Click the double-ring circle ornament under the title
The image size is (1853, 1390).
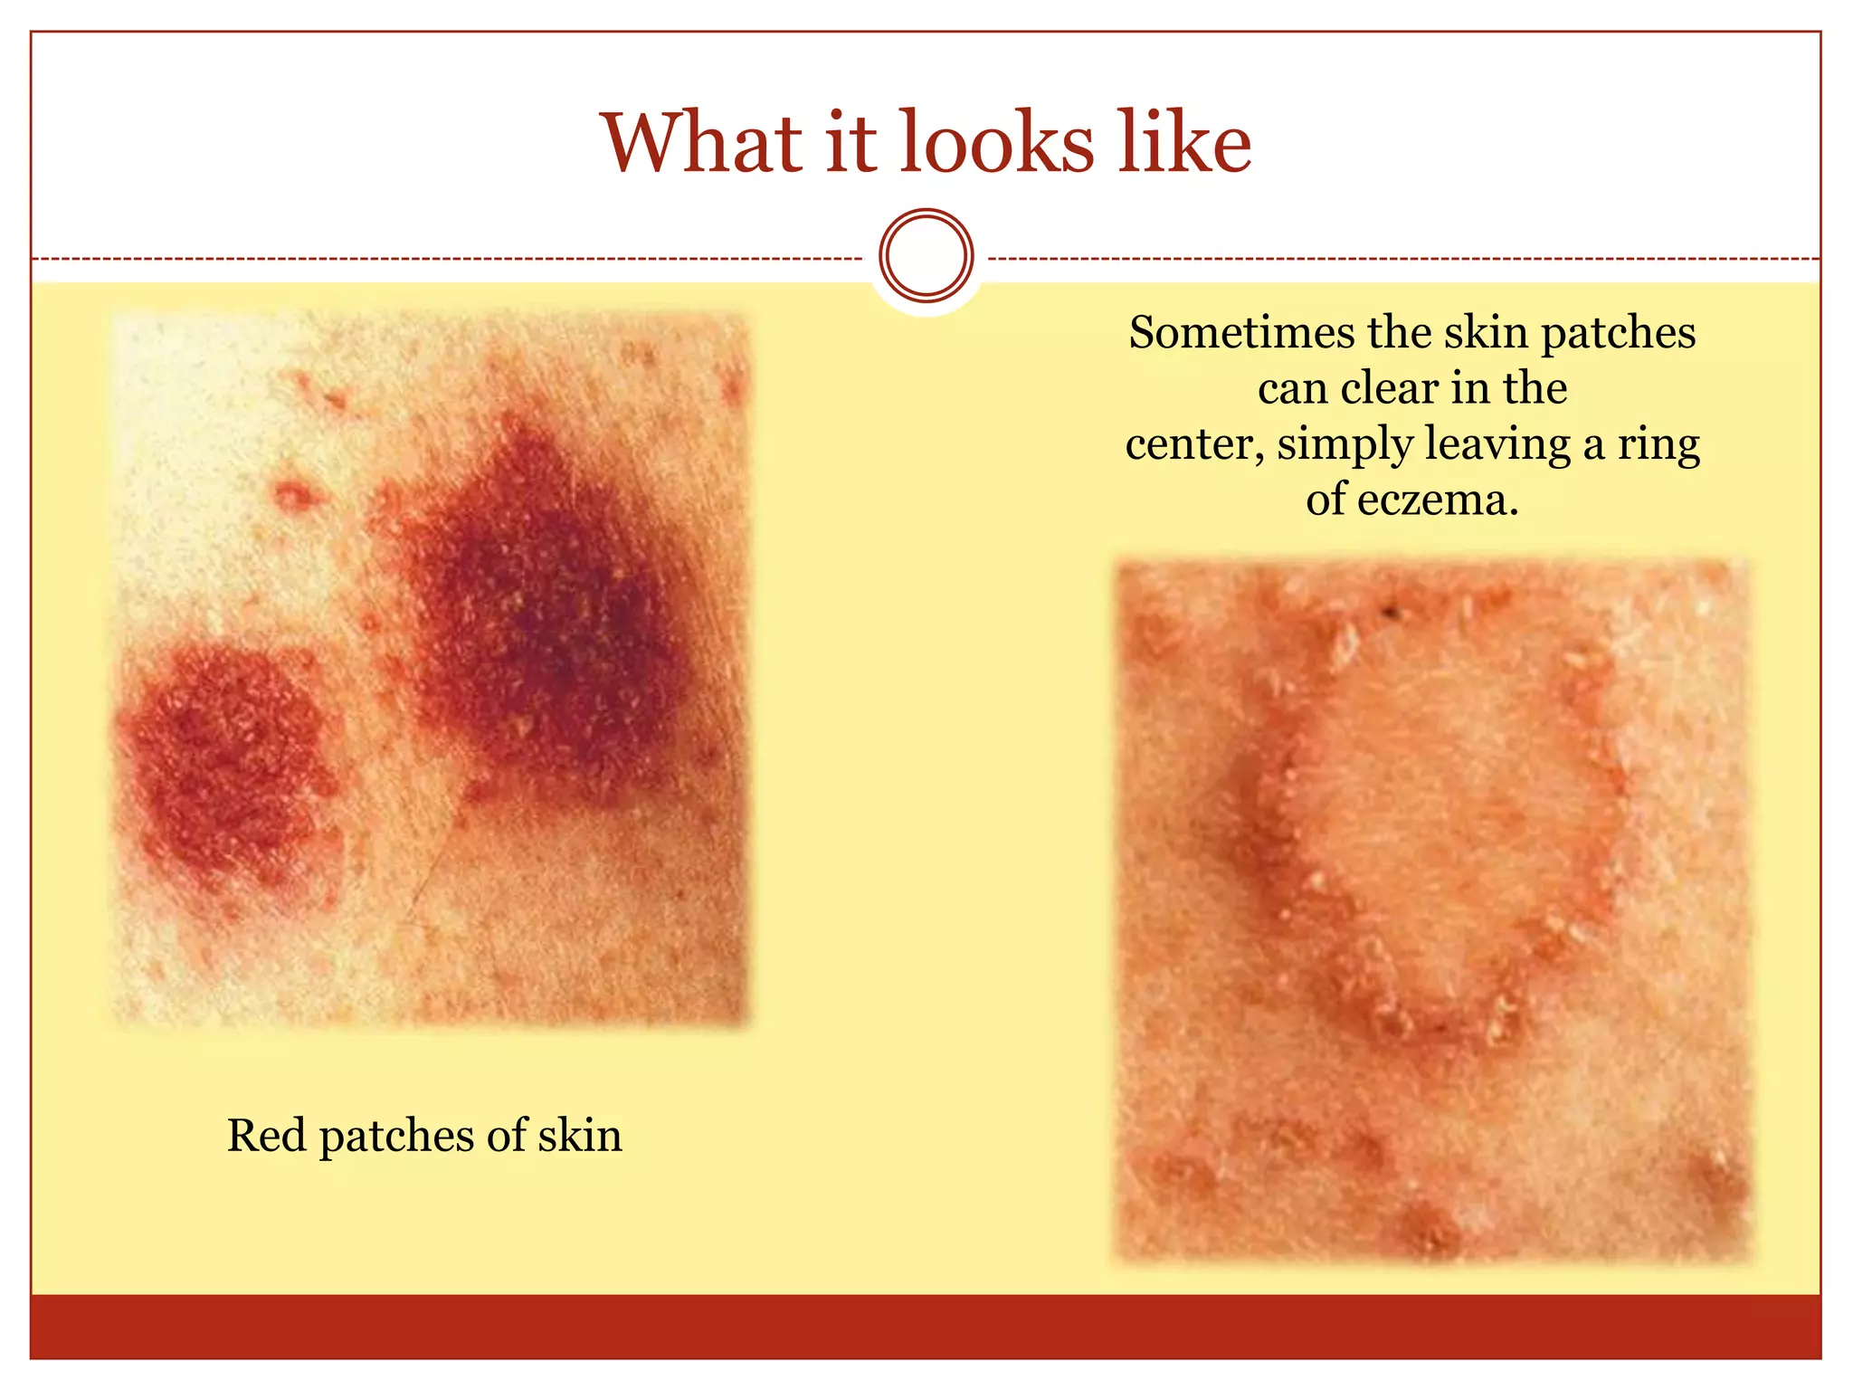926,255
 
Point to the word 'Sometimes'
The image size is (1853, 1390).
1240,332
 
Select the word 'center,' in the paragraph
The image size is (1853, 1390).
1194,444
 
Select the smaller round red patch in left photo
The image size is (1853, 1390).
226,760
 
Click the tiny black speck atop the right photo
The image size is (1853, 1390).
1392,614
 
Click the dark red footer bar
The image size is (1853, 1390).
926,1327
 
